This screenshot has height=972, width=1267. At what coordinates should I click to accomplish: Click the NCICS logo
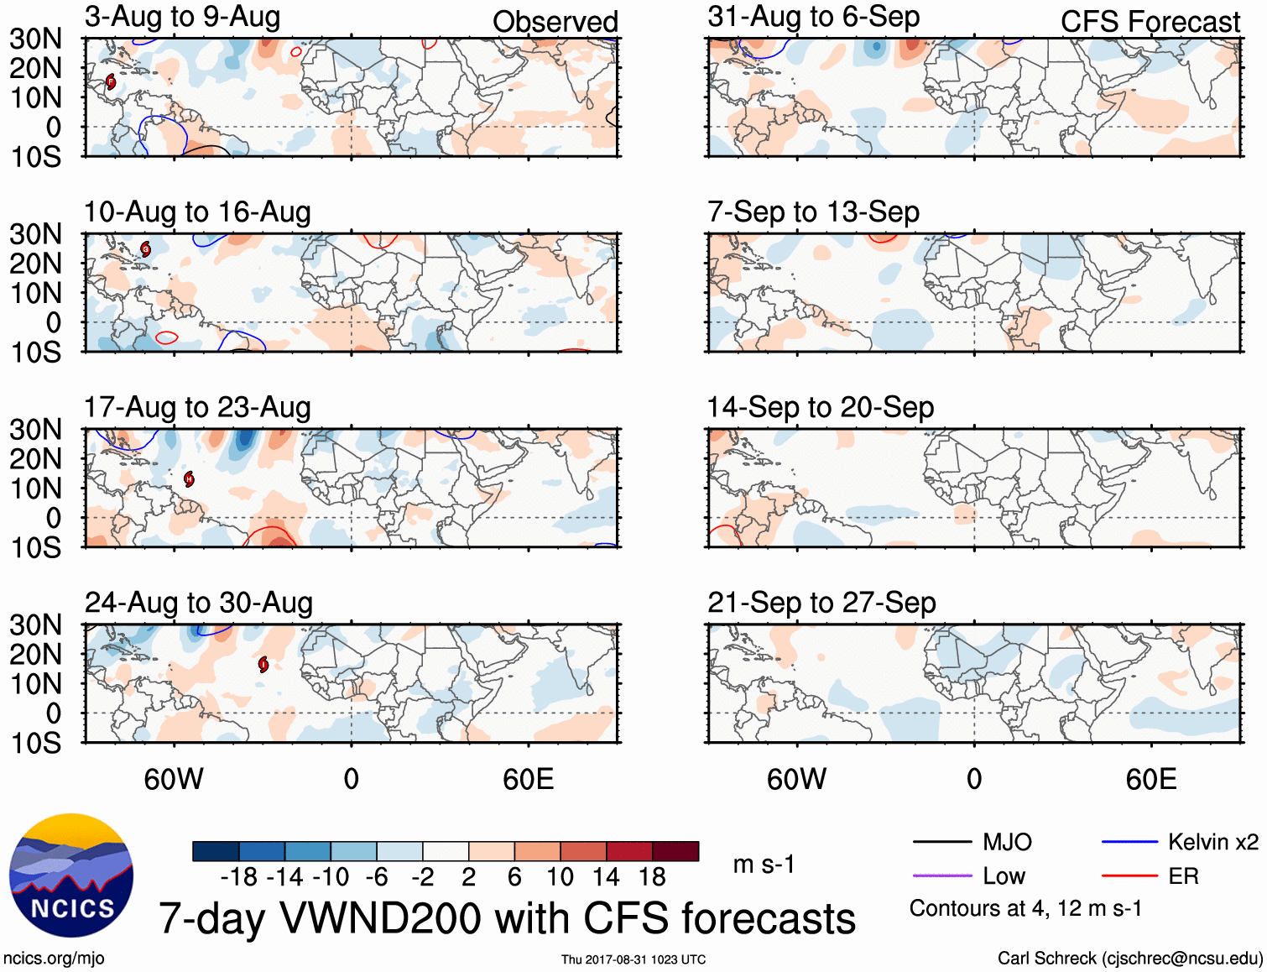pos(71,875)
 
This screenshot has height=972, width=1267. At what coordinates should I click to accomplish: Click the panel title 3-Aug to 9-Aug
pos(182,17)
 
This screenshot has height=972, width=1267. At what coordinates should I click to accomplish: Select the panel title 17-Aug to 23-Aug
pos(197,408)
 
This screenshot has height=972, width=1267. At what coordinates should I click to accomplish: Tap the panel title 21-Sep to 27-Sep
pos(821,603)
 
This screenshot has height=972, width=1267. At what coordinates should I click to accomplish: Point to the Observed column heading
pos(555,22)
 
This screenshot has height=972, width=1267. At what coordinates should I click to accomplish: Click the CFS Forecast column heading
pos(1150,22)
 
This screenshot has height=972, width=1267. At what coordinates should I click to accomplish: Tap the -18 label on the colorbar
pos(238,877)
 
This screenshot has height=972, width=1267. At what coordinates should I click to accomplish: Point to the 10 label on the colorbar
pos(560,877)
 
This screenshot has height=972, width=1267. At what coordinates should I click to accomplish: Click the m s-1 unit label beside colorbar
pos(764,865)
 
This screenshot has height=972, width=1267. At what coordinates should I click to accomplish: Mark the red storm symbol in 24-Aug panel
pos(263,665)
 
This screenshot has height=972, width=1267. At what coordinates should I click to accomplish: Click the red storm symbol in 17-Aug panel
pos(190,479)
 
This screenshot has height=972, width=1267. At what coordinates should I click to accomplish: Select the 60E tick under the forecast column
pos(1150,779)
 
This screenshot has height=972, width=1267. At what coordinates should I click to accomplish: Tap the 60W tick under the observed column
pos(174,779)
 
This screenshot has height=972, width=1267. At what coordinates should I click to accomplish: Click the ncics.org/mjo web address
pos(54,959)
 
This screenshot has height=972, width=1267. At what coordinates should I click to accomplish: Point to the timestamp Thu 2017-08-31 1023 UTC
pos(633,959)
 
